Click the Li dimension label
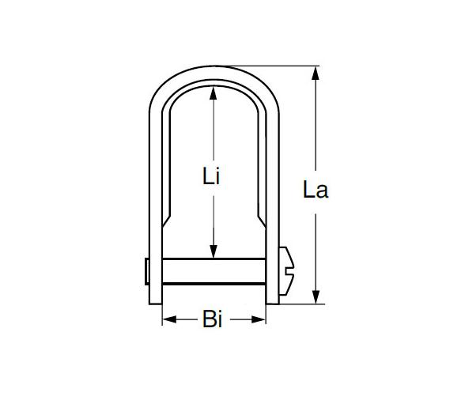coord(210,177)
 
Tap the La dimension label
coord(316,190)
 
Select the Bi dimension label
coord(214,320)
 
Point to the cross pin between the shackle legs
coord(214,270)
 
